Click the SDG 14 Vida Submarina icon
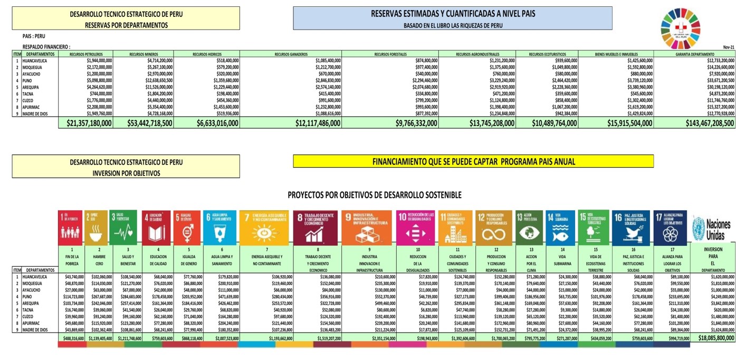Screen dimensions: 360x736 pyautogui.click(x=560, y=228)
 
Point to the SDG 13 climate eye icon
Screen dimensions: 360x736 pyautogui.click(x=529, y=228)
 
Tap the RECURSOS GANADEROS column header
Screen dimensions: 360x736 pyautogui.click(x=291, y=54)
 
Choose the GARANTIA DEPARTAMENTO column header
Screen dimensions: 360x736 pyautogui.click(x=695, y=54)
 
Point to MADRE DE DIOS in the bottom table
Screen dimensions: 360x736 pyautogui.click(x=35, y=330)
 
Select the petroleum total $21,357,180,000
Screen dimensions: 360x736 pyautogui.click(x=89, y=123)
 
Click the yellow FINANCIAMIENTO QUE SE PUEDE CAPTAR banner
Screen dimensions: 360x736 pyautogui.click(x=473, y=162)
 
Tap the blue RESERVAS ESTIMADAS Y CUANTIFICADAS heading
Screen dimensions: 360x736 pyautogui.click(x=453, y=18)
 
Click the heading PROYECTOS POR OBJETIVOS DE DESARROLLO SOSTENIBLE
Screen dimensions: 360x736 pyautogui.click(x=375, y=195)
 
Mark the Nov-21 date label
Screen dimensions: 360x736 pyautogui.click(x=729, y=48)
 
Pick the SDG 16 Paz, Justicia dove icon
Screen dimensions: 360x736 pyautogui.click(x=631, y=228)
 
